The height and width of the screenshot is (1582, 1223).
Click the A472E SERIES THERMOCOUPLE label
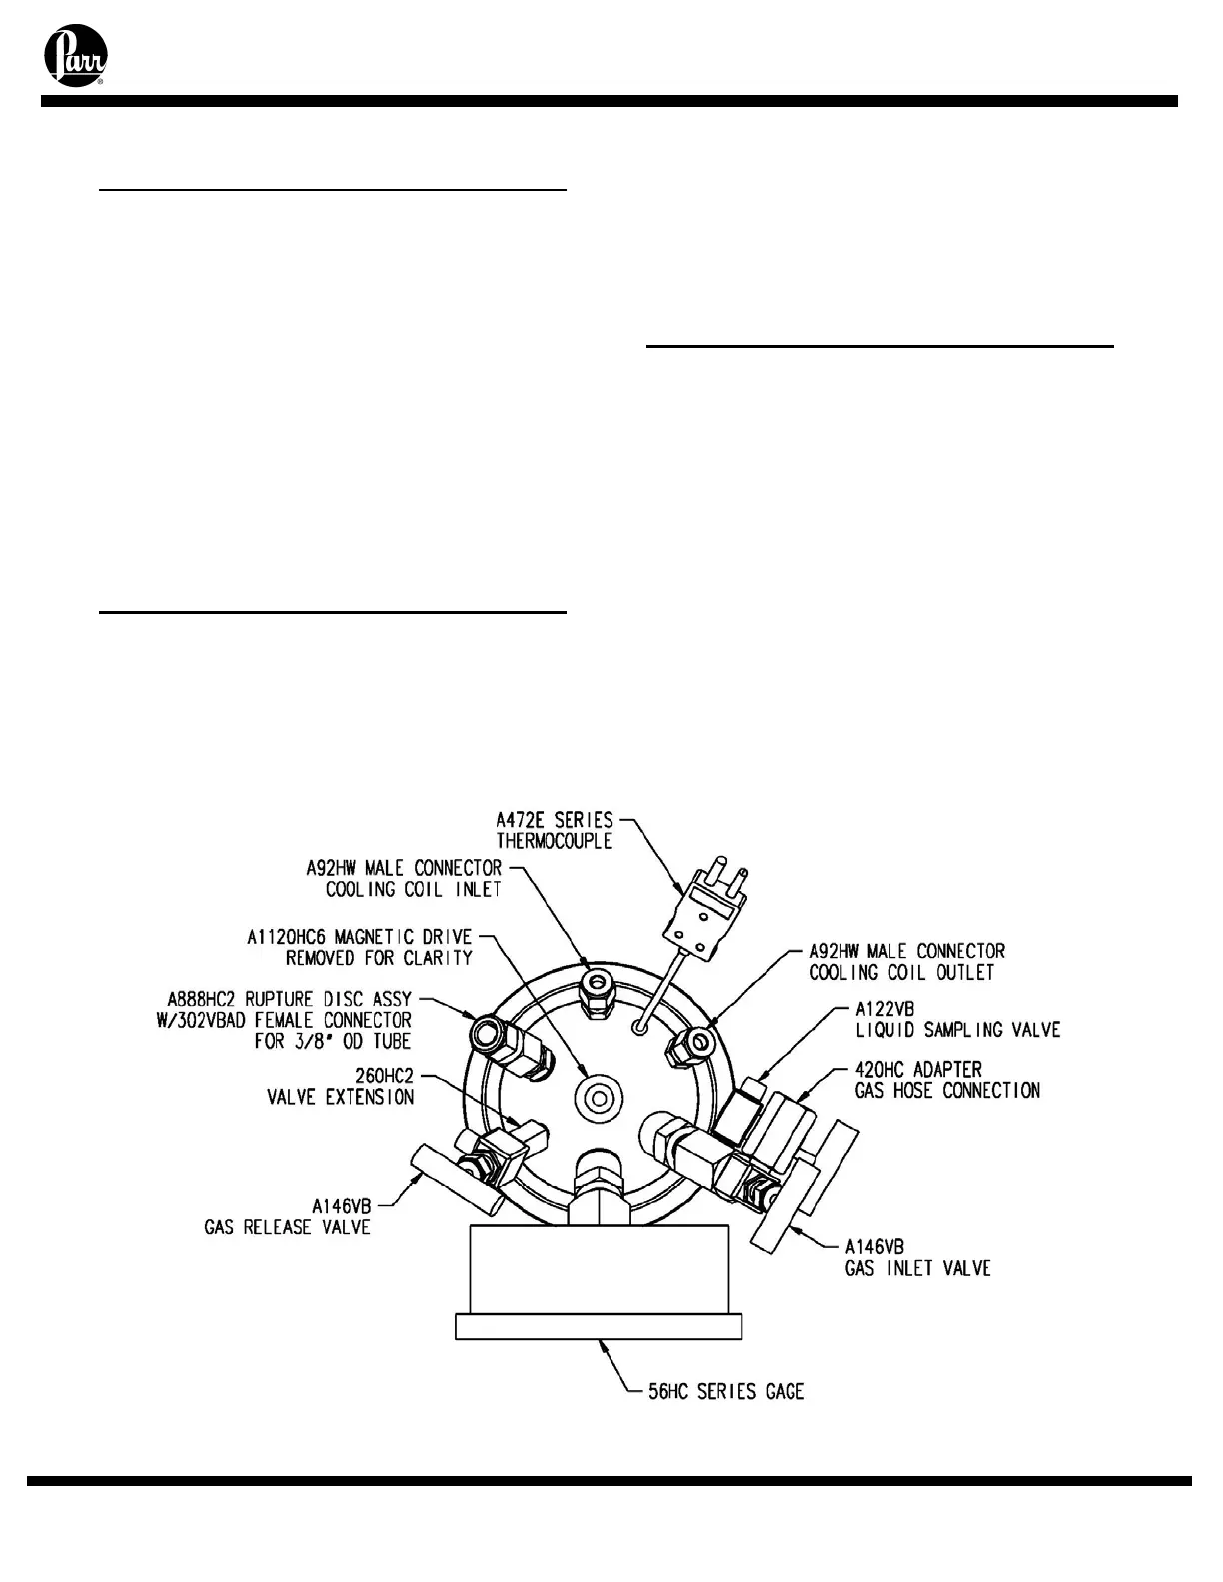click(x=555, y=830)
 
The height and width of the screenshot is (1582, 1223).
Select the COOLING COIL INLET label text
click(x=413, y=889)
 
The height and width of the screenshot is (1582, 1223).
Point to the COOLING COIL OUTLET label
click(x=902, y=972)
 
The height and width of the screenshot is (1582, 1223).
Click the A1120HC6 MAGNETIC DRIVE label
click(x=360, y=947)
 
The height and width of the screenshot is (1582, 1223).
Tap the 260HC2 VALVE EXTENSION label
click(x=340, y=1086)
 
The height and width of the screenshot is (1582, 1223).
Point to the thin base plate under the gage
click(x=599, y=1326)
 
